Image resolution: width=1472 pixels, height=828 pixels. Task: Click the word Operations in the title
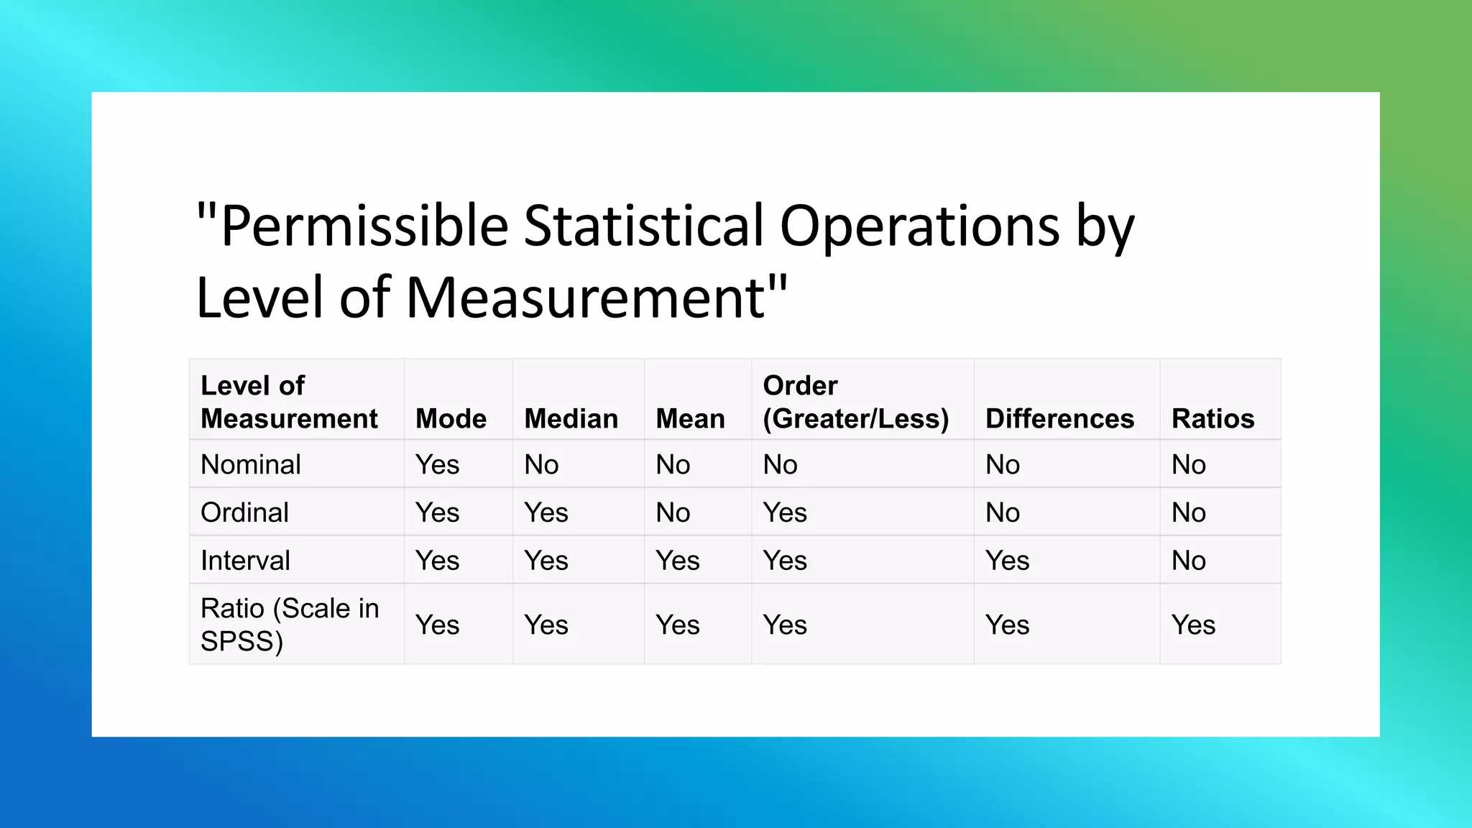[919, 226]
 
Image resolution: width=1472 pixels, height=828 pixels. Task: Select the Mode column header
[451, 418]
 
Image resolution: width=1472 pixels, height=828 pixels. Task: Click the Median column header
[571, 418]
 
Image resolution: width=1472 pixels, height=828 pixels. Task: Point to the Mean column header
[690, 418]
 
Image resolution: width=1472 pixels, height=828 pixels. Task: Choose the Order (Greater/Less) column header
[855, 402]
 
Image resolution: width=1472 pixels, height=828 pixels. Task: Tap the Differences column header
[1059, 418]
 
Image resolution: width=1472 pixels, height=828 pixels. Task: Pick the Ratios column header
[1213, 418]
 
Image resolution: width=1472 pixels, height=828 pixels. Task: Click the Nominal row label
[251, 464]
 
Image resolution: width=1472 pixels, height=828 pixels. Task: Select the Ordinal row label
[244, 512]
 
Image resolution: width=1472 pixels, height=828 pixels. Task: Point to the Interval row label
[245, 561]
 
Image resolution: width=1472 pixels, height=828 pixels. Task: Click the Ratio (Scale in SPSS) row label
[289, 624]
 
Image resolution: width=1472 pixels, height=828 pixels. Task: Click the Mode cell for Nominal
[437, 464]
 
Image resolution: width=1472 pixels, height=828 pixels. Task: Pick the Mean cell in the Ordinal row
[673, 512]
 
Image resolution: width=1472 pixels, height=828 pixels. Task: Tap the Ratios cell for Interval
[1188, 561]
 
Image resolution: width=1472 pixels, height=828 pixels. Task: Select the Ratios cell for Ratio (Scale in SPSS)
[1193, 625]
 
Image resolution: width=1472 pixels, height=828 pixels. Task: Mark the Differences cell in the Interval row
[1007, 561]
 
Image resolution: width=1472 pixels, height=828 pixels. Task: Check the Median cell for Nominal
[541, 464]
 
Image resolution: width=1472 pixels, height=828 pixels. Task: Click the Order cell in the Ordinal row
[785, 512]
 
